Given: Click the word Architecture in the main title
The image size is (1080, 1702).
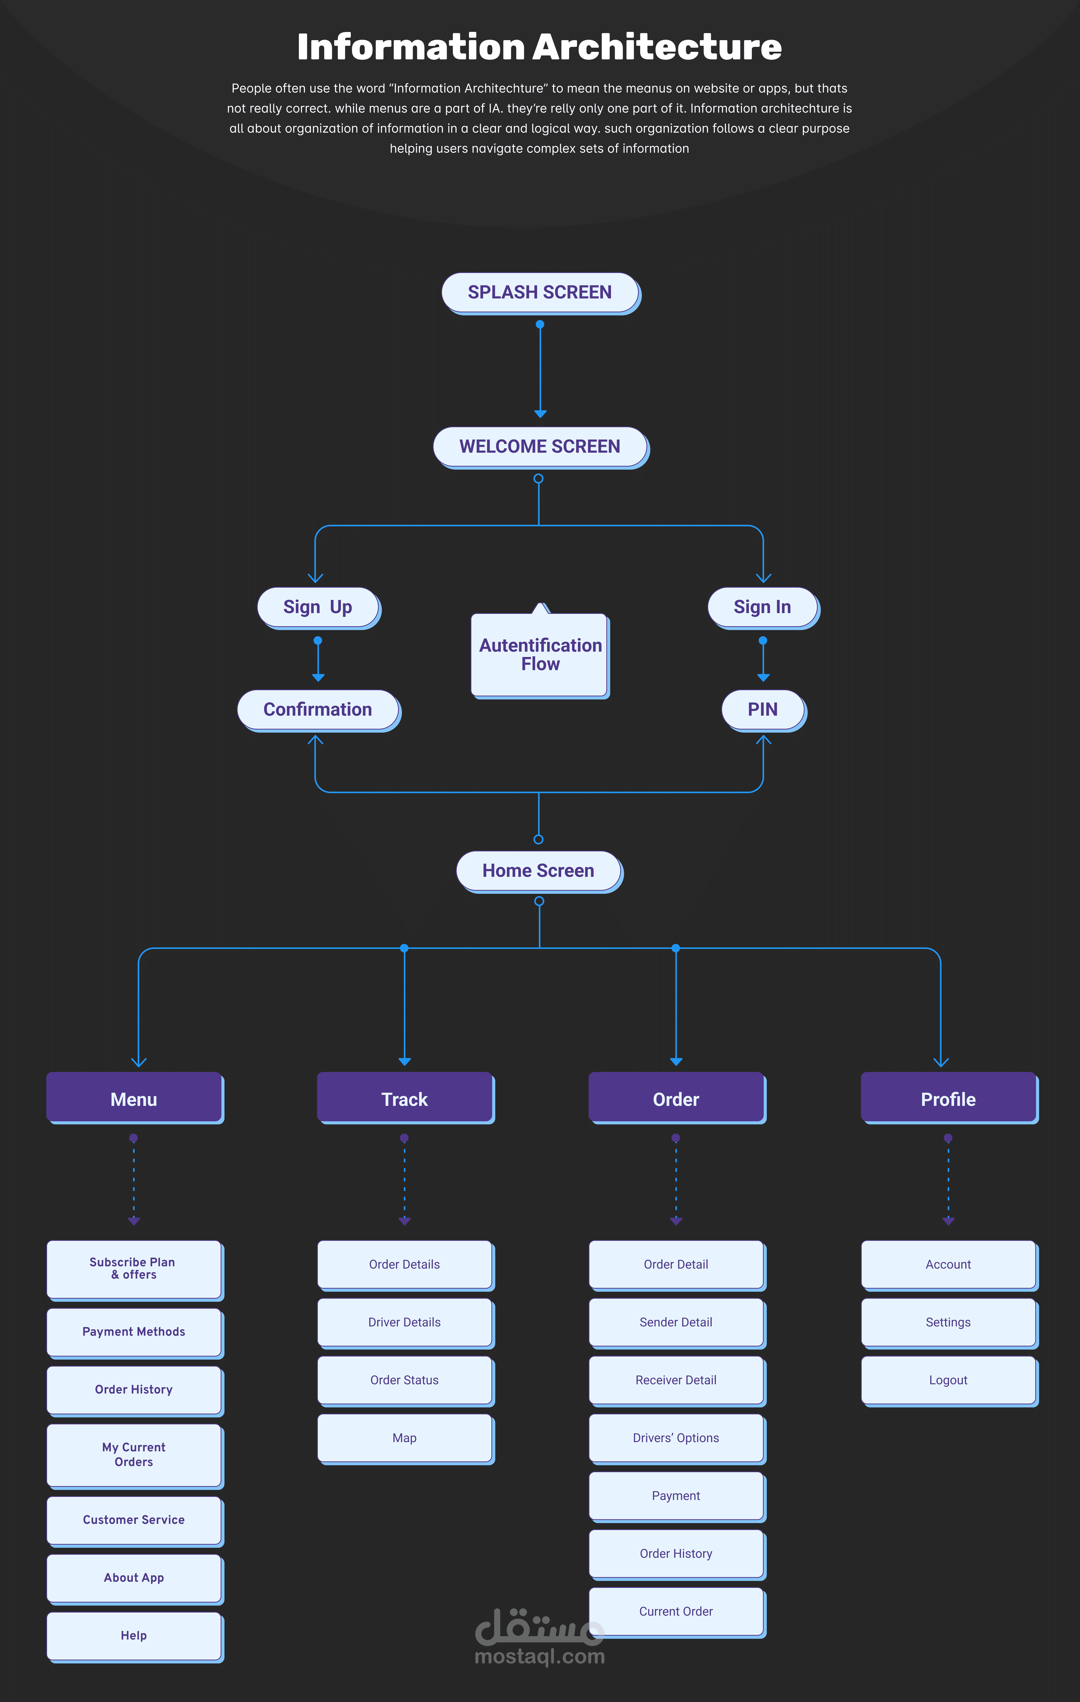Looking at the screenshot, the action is pyautogui.click(x=657, y=47).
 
